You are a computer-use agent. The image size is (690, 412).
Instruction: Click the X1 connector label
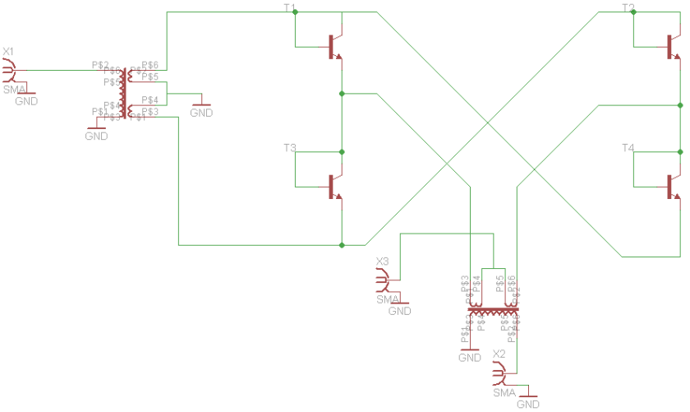8,52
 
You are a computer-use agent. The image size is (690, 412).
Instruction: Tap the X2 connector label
499,354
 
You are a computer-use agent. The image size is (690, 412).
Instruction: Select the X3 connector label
382,262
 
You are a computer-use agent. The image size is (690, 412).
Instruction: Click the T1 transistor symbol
333,47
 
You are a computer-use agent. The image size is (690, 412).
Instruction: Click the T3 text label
290,148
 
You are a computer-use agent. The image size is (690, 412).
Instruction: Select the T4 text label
628,148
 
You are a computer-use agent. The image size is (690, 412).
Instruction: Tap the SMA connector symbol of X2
499,375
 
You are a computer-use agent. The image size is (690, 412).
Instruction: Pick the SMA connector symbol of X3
383,282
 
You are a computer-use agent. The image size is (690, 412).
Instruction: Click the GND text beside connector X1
26,101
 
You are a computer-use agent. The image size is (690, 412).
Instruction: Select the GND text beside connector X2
528,405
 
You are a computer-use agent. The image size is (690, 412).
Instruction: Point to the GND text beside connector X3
399,312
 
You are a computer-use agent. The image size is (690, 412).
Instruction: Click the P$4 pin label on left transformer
150,100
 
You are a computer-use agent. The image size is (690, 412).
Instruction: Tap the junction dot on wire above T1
295,12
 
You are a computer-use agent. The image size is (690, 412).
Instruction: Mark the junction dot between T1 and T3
342,94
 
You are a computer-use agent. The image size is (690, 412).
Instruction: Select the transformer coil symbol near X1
124,90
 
